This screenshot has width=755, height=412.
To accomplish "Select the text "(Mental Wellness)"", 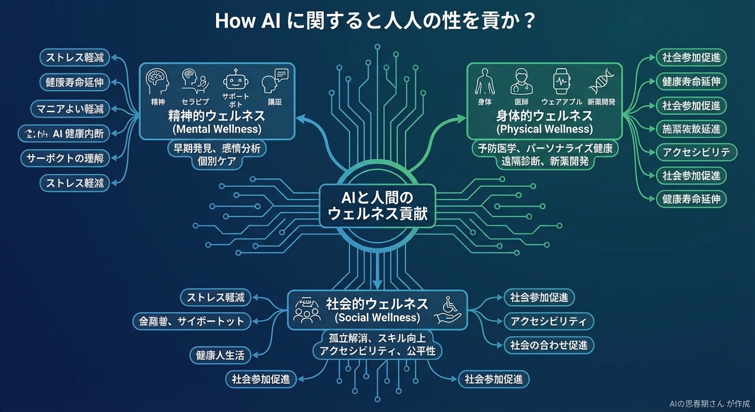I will point(217,129).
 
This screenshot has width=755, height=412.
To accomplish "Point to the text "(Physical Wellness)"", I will point(544,129).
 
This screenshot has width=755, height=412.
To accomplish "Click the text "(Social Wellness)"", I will point(377,318).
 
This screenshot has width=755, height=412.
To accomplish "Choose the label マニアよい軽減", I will point(70,109).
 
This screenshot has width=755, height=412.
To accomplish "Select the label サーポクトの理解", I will point(65,158).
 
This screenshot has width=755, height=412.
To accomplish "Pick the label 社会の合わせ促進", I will point(549,345).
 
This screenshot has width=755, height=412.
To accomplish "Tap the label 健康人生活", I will point(220,355).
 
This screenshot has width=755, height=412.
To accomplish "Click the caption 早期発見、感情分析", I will point(217,148).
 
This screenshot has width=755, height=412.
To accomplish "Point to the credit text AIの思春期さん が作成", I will point(709,404).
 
